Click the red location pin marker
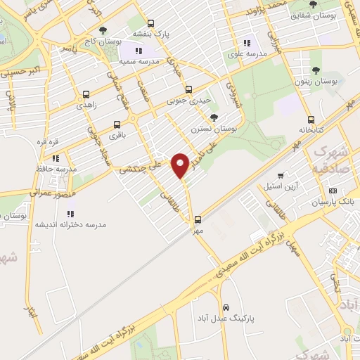181,166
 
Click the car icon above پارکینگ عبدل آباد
226,307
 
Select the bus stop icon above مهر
198,219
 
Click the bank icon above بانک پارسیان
333,191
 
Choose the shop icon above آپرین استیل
281,174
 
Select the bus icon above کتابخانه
311,120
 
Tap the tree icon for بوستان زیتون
314,70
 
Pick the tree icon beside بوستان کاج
103,30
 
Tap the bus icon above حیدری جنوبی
188,89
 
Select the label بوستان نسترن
214,129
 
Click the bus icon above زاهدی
86,94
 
